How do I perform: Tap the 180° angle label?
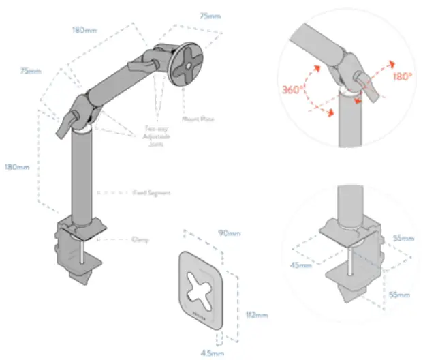tap(402, 77)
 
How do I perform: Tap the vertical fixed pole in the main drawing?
tap(82, 177)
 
